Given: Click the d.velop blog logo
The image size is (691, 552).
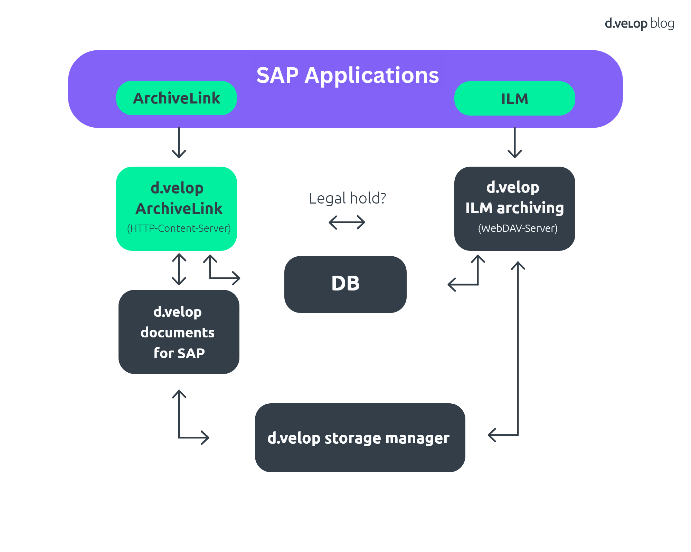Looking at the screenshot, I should tap(639, 23).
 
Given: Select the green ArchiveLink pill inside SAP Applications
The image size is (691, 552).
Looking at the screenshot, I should tap(176, 98).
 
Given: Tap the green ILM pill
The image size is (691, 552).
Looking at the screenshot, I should tap(514, 99).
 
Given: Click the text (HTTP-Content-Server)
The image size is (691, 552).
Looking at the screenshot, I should tap(179, 228).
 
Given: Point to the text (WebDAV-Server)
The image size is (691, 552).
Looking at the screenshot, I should tap(518, 228).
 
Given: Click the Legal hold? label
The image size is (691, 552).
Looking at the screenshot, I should tap(347, 198).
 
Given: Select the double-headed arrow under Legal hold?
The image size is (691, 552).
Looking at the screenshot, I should tap(347, 222).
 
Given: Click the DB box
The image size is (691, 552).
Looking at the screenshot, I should tap(345, 284).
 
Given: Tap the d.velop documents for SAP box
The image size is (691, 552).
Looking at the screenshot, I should tap(179, 332).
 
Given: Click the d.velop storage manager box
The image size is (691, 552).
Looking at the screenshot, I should tap(360, 437).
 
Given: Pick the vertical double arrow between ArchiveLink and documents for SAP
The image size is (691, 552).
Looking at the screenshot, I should tap(179, 269).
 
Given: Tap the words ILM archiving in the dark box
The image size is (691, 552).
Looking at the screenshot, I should tap(514, 208).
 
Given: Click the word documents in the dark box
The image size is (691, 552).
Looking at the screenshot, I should tap(178, 333).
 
